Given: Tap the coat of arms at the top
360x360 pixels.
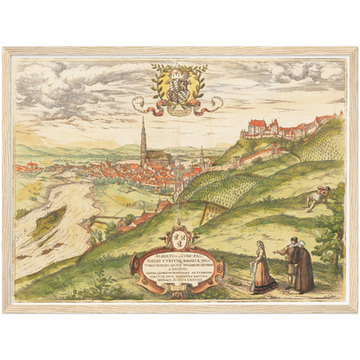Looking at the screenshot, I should (x=177, y=85).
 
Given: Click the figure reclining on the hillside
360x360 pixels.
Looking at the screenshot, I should (x=318, y=197).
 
